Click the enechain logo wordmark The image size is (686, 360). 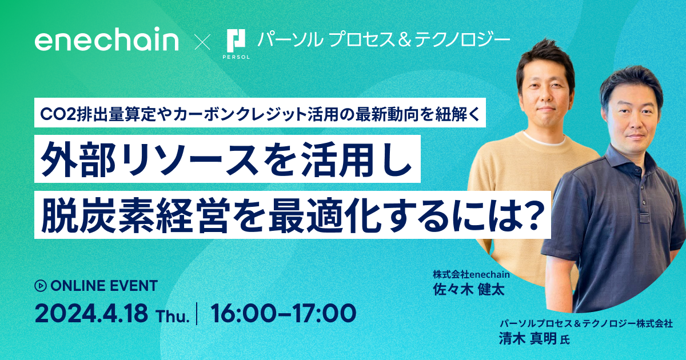point(106,41)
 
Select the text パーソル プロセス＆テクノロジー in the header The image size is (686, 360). point(383,39)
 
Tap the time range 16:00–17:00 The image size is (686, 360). point(283,314)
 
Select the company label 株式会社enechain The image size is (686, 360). point(471,274)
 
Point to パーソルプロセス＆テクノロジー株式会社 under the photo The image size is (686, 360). point(585,323)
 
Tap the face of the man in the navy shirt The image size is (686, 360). point(632,121)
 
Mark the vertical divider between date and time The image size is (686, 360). point(197,314)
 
